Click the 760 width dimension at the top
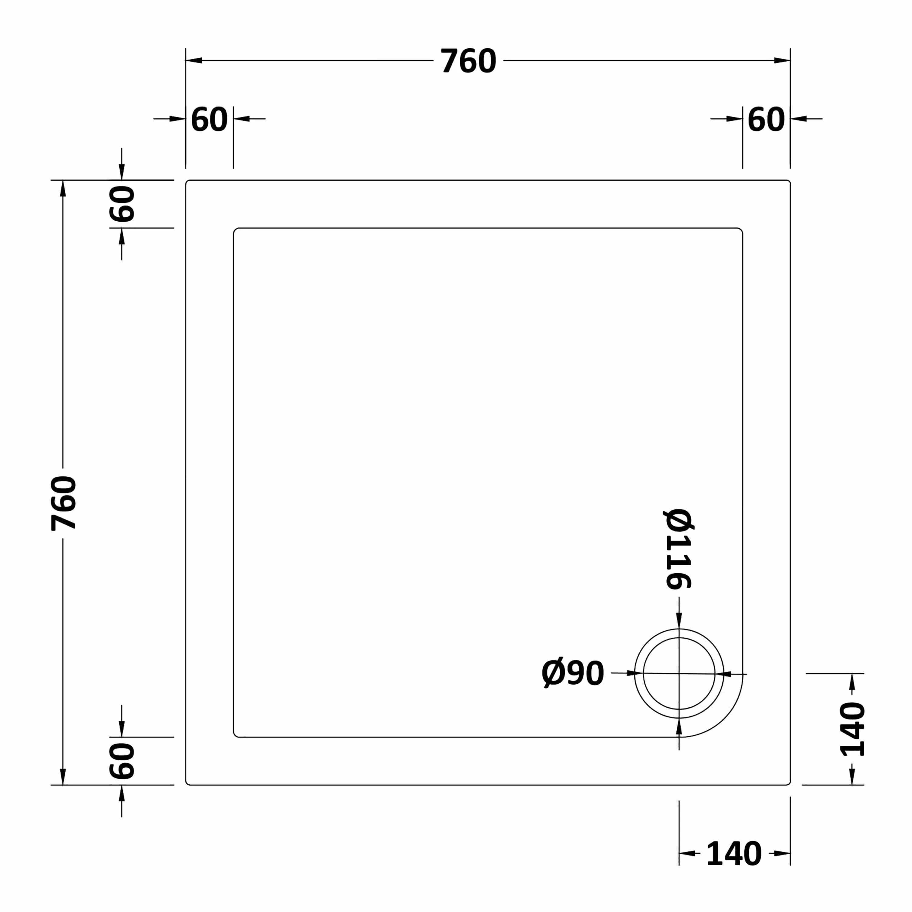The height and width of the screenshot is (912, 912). [468, 61]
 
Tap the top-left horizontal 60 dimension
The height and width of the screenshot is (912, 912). [209, 119]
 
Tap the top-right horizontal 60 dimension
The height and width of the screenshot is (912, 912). [766, 119]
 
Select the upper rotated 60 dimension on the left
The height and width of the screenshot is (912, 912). [122, 204]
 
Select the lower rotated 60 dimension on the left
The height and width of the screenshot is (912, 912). [122, 761]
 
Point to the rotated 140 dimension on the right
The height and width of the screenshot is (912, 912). [852, 729]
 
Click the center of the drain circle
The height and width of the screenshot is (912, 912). [679, 674]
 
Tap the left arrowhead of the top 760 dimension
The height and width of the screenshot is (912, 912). [194, 60]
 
